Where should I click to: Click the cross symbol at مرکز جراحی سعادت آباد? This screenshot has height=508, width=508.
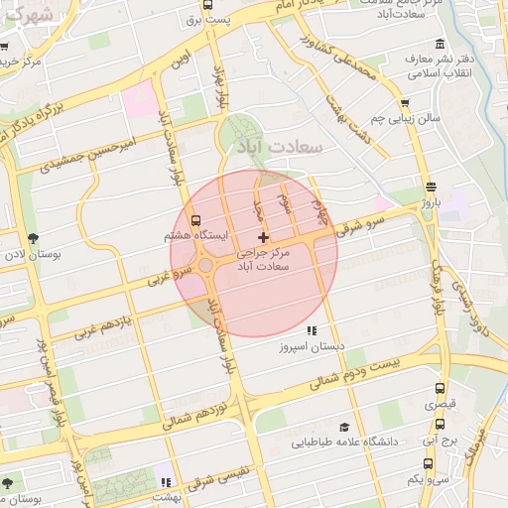pos(262,236)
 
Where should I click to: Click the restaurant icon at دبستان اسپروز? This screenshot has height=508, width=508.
pos(312,330)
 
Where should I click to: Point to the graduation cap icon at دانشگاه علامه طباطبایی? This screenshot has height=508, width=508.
pos(344,427)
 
